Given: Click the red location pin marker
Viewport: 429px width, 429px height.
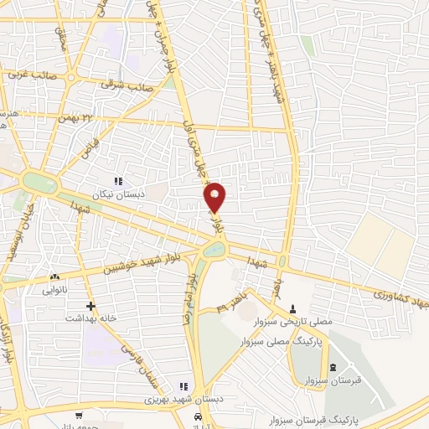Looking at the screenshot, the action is tap(215, 198).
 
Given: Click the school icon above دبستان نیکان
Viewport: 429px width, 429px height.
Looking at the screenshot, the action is tap(118, 180).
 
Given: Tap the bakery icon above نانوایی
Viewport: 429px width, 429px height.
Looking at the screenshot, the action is tap(54, 277).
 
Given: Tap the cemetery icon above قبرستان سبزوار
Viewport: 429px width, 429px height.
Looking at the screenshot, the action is tap(333, 369).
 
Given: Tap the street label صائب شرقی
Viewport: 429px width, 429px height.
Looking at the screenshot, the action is tap(126, 84).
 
